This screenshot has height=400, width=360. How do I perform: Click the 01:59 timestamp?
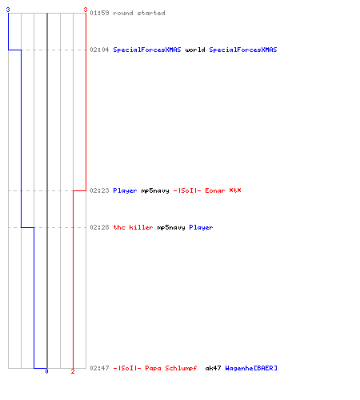(x=99, y=13)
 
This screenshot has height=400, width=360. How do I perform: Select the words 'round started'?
(x=139, y=13)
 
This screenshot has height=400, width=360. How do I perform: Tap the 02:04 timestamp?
(x=99, y=50)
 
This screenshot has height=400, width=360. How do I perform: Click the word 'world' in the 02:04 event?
(x=195, y=50)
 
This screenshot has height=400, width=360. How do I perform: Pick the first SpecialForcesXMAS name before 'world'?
(x=147, y=50)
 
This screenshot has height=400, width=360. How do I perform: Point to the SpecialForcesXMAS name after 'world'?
(x=243, y=50)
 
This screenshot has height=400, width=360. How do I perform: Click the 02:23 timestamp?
(x=99, y=190)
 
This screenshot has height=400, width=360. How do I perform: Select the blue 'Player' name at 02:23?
(x=125, y=190)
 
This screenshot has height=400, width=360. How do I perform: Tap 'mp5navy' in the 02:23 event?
(x=155, y=191)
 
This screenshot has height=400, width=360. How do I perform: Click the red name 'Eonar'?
(x=215, y=190)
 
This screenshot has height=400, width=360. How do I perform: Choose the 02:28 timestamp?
(x=99, y=227)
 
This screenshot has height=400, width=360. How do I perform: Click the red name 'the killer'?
(x=133, y=227)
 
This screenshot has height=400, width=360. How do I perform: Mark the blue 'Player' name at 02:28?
(x=201, y=227)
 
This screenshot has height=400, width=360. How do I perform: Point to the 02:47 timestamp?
(x=99, y=368)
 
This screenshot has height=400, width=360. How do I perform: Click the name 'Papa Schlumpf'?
(x=171, y=368)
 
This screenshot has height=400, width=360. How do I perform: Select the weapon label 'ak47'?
(x=213, y=368)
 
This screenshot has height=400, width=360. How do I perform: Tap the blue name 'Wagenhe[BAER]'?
(x=251, y=368)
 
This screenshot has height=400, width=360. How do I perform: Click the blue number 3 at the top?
(x=8, y=10)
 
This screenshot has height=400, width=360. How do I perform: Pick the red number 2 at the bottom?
(x=73, y=371)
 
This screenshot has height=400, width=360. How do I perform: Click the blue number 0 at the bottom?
(x=46, y=371)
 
